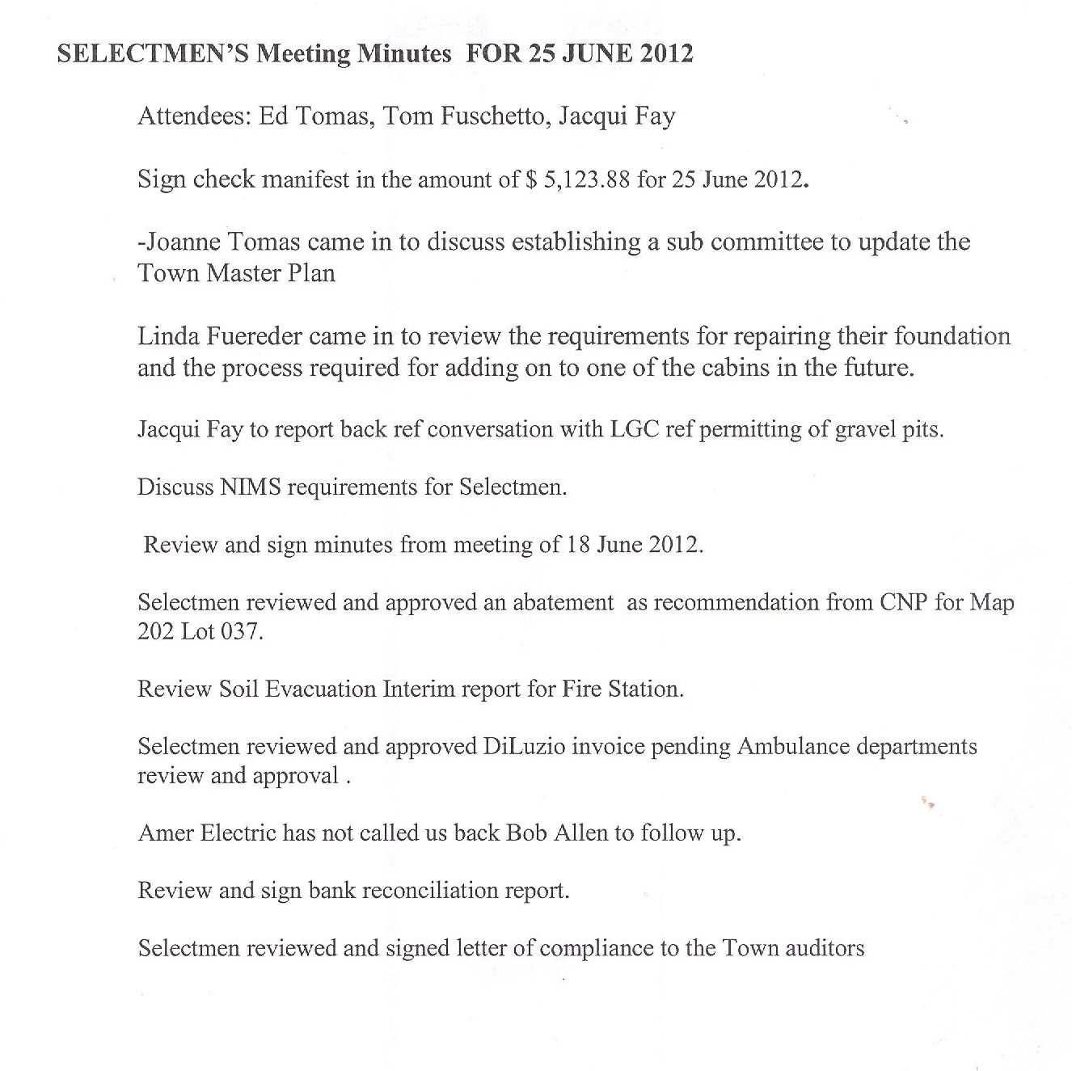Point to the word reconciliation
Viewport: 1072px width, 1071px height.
[429, 890]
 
